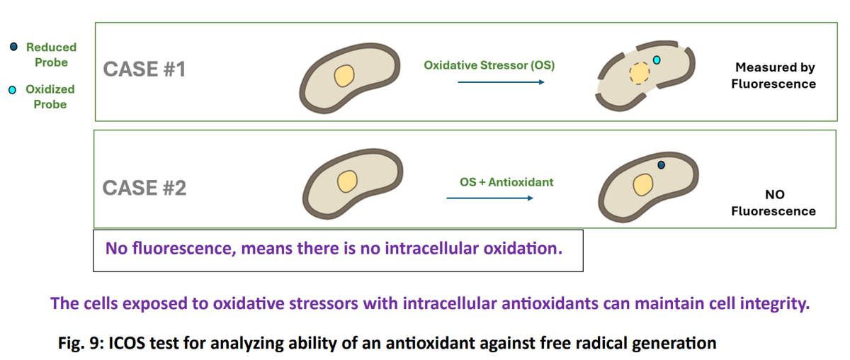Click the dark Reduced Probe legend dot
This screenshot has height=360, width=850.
click(13, 47)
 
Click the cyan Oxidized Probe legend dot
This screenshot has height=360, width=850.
click(13, 90)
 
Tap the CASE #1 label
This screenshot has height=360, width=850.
click(144, 69)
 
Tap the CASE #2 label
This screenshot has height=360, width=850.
click(144, 188)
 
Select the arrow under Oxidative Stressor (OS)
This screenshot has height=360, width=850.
click(500, 83)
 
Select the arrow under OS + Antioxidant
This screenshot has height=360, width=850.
click(489, 198)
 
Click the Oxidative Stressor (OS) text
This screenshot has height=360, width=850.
click(489, 65)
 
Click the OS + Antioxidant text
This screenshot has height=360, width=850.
click(506, 182)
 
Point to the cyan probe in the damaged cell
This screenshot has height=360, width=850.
click(657, 60)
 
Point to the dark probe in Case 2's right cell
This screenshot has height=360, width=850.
click(662, 165)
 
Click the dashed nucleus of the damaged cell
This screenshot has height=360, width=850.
click(640, 74)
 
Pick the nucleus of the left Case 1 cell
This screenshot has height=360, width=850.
click(344, 75)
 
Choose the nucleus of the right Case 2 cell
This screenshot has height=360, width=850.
click(642, 185)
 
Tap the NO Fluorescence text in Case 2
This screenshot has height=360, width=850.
click(773, 203)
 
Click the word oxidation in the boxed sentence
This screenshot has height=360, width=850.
click(524, 249)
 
